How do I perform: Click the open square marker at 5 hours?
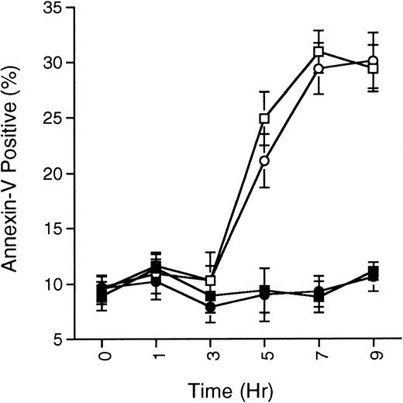point(264,119)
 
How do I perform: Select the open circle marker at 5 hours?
point(264,161)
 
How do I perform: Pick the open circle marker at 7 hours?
point(319,69)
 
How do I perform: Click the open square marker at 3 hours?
point(210,281)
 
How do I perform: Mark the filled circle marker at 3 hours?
point(210,307)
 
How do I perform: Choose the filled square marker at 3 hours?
point(210,296)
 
